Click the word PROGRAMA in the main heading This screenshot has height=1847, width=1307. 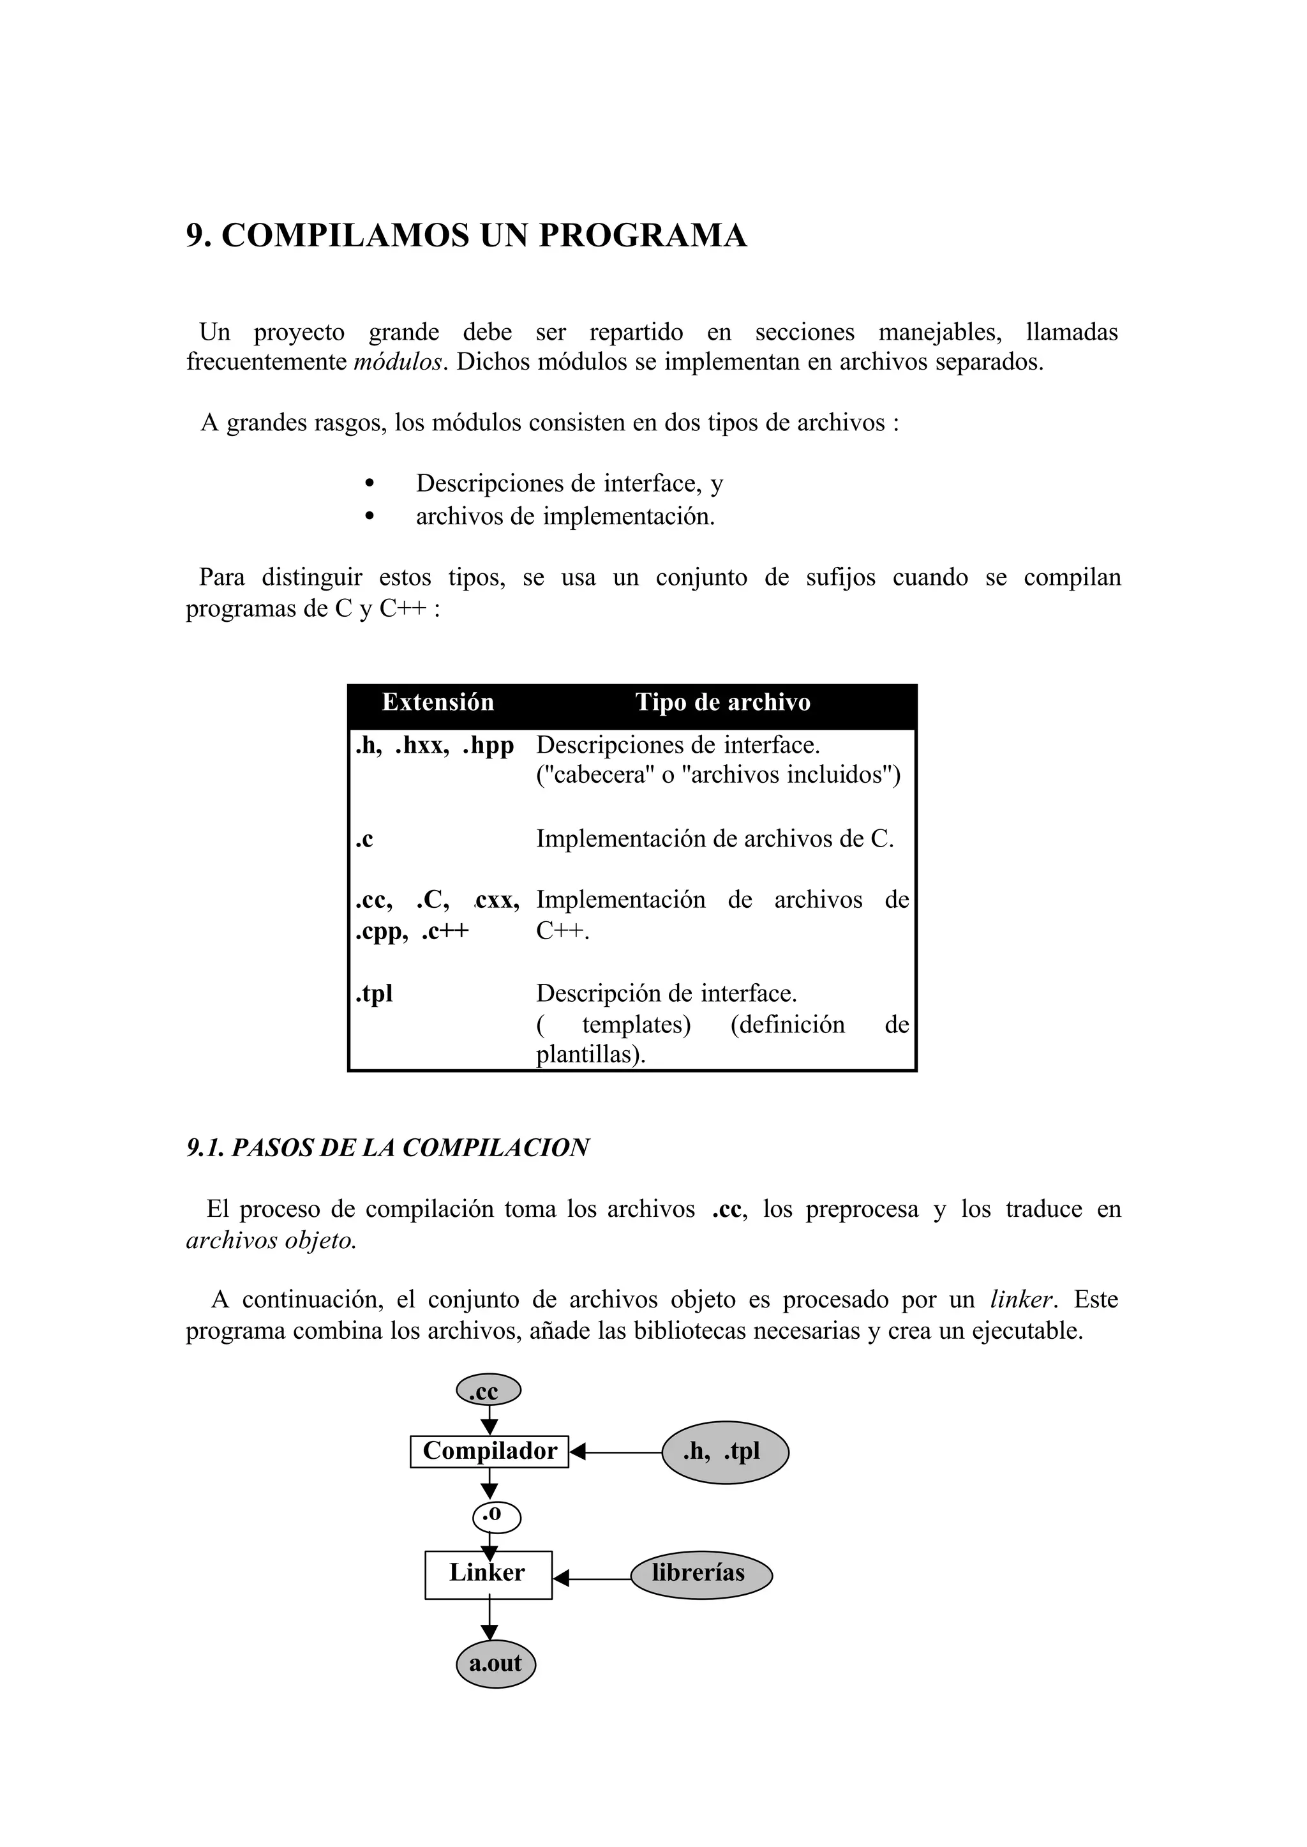[642, 235]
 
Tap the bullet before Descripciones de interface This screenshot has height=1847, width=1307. [370, 484]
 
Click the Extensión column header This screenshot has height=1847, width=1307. [438, 702]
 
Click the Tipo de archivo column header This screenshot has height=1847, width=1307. [722, 702]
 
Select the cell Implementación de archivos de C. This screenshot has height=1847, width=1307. [715, 839]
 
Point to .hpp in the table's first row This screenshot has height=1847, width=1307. [488, 746]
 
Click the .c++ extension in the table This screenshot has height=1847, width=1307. [445, 931]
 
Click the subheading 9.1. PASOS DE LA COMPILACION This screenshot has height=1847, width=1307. [388, 1147]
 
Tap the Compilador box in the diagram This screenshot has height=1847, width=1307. [489, 1451]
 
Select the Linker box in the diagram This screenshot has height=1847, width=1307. [488, 1572]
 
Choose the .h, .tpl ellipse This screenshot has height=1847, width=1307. [724, 1452]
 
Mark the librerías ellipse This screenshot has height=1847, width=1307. [700, 1573]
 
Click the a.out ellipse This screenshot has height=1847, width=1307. [495, 1663]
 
